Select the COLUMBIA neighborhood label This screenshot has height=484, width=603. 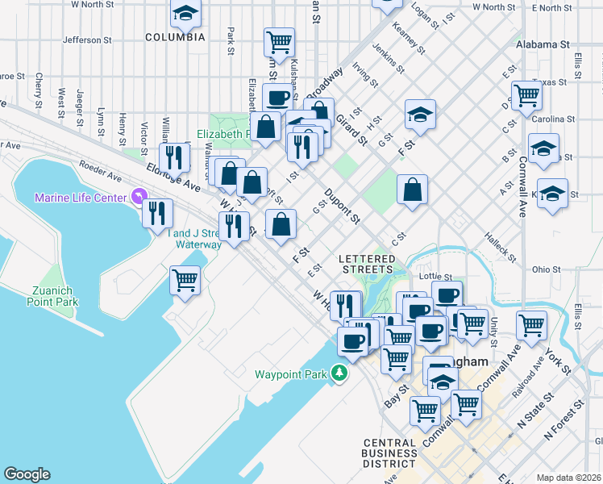pyautogui.click(x=175, y=37)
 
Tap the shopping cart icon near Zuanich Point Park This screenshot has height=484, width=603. pyautogui.click(x=185, y=281)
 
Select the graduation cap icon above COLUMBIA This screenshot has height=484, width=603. pyautogui.click(x=186, y=13)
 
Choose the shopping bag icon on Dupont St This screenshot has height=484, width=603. pyautogui.click(x=412, y=190)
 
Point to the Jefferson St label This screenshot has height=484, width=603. pyautogui.click(x=87, y=40)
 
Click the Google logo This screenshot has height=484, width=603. pyautogui.click(x=27, y=474)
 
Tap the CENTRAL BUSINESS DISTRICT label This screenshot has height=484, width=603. pyautogui.click(x=389, y=453)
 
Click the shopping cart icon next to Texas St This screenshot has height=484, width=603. pyautogui.click(x=526, y=95)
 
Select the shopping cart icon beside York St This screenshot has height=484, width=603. pyautogui.click(x=531, y=326)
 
